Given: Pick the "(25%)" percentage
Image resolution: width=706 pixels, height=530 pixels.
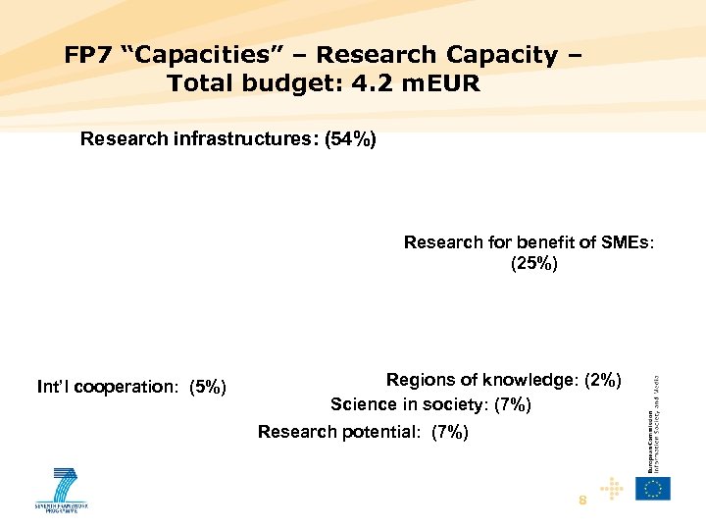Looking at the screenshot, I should coord(534,263).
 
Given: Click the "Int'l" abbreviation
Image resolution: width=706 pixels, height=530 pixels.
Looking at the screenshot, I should coord(54,387).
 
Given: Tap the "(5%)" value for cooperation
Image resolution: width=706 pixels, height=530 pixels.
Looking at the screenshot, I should coord(208,387).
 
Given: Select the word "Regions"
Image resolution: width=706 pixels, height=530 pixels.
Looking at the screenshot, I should coord(421,380).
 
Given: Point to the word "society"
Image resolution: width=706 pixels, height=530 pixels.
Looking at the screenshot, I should coord(456,404).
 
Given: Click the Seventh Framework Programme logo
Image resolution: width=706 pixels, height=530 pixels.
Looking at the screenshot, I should coord(61,489).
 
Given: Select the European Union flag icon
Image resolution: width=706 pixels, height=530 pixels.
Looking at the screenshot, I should coord(652,488).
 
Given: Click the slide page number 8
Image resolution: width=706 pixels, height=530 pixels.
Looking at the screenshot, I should coord(582,501).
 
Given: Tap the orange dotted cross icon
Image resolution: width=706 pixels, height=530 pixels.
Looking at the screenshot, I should coord(612,488).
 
